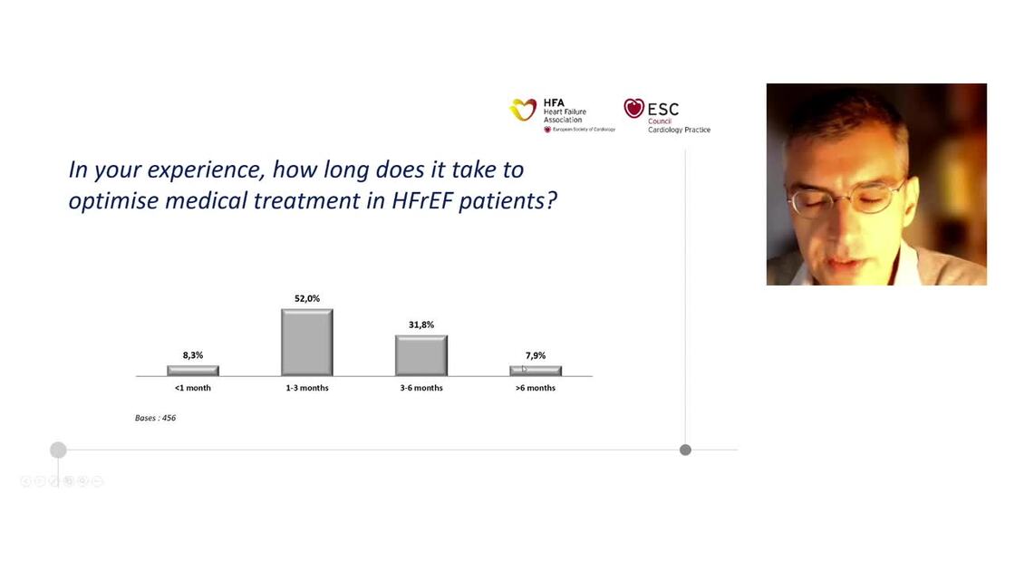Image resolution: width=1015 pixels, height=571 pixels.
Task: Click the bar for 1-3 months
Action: (306, 343)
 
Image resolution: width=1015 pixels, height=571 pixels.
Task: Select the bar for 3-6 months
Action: (420, 355)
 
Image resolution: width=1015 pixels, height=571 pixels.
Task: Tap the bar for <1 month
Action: (192, 371)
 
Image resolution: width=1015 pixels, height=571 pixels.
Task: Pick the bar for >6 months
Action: (535, 371)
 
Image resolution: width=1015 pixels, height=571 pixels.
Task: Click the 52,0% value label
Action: (306, 298)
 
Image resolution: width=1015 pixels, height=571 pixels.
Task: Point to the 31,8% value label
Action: (420, 324)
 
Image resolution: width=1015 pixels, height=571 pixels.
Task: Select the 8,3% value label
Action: (192, 355)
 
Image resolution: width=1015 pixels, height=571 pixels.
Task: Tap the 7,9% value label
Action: (535, 355)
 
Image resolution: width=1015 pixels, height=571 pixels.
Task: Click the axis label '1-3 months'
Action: (306, 388)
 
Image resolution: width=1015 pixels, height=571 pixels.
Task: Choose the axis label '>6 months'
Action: (535, 388)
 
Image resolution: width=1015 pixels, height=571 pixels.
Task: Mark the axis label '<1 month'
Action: (192, 388)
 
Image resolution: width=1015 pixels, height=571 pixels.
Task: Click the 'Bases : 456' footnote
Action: (155, 418)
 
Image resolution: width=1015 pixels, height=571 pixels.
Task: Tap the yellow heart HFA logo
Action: (523, 110)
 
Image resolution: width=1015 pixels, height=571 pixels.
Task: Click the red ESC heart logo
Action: (633, 108)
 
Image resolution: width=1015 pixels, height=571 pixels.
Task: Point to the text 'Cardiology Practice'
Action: (679, 130)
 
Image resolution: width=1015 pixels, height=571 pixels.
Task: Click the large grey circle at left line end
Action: (58, 450)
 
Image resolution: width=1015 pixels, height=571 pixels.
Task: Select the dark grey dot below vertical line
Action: (685, 450)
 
